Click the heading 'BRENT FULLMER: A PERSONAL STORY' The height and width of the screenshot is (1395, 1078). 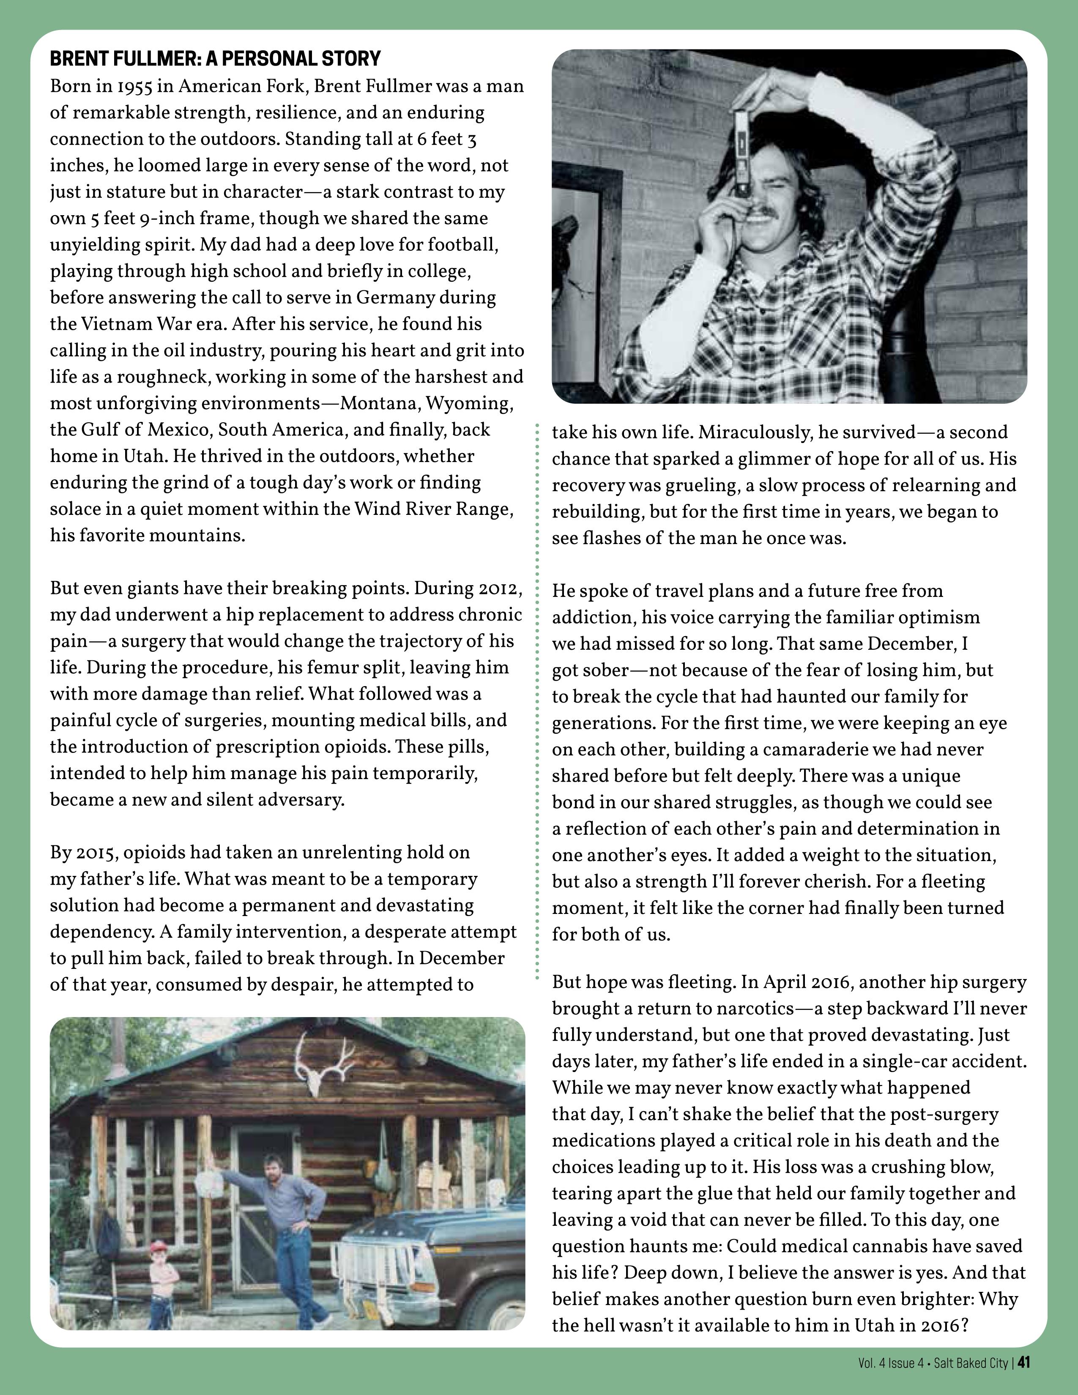(x=215, y=59)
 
